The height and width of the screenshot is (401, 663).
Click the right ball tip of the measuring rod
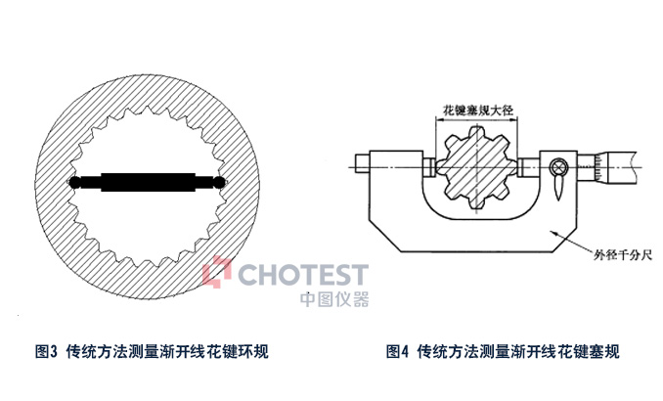click(x=223, y=182)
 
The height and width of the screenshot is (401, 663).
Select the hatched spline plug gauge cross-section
click(x=477, y=170)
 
